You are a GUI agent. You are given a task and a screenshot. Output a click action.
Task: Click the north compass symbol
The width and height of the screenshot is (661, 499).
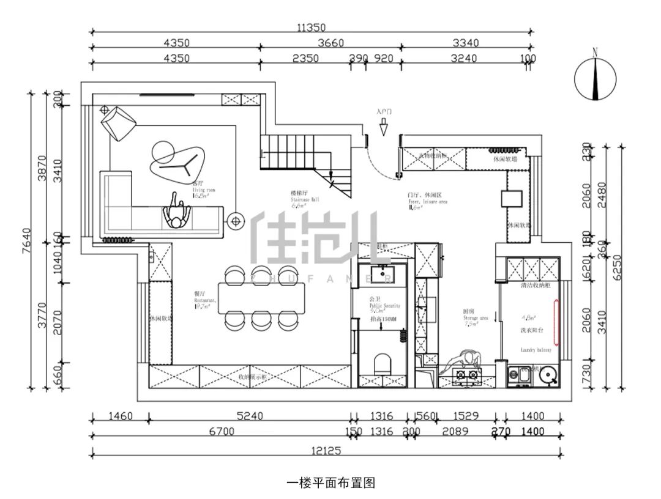[595, 76]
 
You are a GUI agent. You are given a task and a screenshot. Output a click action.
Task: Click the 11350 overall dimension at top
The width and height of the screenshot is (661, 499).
[312, 27]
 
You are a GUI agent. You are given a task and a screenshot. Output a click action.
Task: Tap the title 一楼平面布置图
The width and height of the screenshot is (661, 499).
[330, 483]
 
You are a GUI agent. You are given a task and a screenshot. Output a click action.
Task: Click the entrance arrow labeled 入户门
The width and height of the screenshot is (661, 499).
[384, 127]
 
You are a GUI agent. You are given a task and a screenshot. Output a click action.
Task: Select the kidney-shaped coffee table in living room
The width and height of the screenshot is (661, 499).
[174, 161]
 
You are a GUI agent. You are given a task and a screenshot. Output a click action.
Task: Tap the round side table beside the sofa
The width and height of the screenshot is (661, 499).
[235, 221]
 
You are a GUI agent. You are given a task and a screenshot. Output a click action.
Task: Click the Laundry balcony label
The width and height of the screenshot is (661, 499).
[536, 350]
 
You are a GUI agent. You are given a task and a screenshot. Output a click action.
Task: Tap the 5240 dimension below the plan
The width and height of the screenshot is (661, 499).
[250, 417]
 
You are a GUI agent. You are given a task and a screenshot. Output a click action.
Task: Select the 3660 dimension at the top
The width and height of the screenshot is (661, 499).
[330, 43]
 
